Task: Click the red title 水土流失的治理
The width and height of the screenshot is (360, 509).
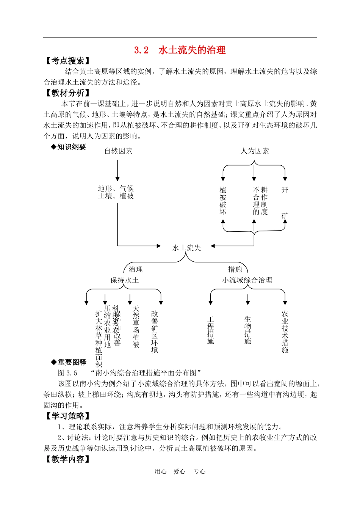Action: pos(192,50)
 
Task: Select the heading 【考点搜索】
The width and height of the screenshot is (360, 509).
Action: pos(68,61)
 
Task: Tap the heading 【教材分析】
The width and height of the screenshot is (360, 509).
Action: pos(68,93)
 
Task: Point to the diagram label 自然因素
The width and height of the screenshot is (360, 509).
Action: pos(118,151)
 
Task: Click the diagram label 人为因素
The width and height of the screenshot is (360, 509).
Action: pos(255,151)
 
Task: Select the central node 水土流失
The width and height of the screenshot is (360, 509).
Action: pos(186,248)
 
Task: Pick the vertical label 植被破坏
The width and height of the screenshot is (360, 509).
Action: pos(223,201)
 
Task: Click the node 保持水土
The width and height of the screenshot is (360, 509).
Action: pos(125,280)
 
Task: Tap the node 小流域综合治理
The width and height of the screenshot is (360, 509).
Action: pos(247,280)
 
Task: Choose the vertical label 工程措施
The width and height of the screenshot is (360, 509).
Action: pos(211,330)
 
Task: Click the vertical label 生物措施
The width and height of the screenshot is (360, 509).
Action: pos(247,330)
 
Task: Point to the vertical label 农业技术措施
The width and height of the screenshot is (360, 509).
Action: pos(285,331)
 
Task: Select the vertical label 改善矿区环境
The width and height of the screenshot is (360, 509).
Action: pos(155,331)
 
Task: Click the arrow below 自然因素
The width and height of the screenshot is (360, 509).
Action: pos(117,170)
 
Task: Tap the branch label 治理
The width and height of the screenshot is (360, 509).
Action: pos(136,269)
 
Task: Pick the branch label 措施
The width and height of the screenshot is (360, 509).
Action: pos(235,269)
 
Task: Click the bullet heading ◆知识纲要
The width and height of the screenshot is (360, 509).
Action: pos(69,147)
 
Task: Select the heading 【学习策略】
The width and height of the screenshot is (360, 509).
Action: pos(68,416)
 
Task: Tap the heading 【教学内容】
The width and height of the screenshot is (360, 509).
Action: pos(68,459)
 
